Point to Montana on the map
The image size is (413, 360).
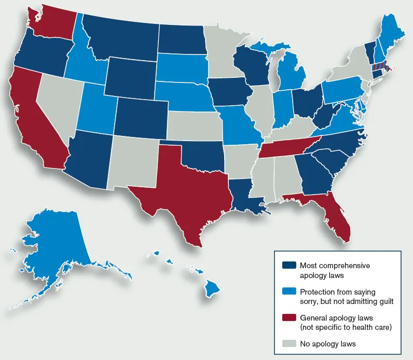[x=125, y=36]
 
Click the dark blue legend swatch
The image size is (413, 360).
[x=289, y=265]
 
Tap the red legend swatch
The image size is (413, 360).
[x=289, y=317]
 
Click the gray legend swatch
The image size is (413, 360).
[x=289, y=343]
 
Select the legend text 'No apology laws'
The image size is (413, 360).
[x=327, y=343]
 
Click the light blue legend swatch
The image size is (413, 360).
[x=289, y=291]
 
